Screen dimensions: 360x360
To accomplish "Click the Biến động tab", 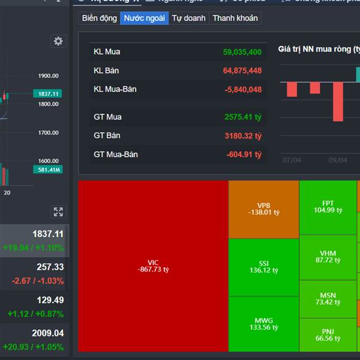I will (100, 18).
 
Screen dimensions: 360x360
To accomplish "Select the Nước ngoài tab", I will (144, 18).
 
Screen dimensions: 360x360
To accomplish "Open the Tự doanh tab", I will (188, 18).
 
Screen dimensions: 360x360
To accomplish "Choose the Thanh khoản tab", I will (235, 18).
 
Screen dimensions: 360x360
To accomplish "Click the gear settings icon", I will (58, 41).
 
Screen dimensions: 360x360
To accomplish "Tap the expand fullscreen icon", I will (58, 211).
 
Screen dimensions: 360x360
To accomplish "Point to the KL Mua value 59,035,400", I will (242, 52).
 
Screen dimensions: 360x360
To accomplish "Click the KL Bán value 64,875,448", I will (242, 71).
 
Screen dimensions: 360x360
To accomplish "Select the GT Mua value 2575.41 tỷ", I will (243, 117).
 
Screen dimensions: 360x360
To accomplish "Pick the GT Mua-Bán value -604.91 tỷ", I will (244, 155).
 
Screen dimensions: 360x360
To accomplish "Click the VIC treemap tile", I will (153, 266).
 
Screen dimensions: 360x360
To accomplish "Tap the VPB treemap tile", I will (264, 209).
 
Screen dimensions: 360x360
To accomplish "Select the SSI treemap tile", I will (264, 267).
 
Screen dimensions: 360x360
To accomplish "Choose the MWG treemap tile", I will (264, 324).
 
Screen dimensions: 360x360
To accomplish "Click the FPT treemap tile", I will (328, 206).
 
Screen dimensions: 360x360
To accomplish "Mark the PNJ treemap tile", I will (328, 335).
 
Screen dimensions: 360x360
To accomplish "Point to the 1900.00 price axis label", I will (48, 76).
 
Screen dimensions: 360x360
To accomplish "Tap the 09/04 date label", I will (338, 160).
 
